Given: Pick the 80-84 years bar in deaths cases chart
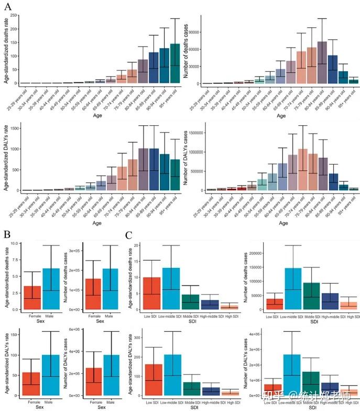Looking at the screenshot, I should [322, 62].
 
